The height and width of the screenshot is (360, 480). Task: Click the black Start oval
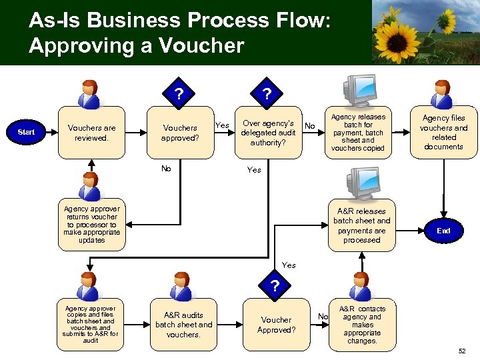(27, 132)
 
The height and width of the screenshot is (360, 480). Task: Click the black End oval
(443, 231)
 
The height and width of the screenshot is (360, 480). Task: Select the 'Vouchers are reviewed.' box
(91, 133)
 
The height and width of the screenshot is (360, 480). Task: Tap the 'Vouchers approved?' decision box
(179, 133)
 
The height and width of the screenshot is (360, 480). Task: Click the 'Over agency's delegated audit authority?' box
(268, 133)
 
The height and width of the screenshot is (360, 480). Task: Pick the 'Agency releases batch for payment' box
(358, 133)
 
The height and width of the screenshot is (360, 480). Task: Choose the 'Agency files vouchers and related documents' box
(443, 133)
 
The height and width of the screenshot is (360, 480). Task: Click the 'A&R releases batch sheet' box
(361, 225)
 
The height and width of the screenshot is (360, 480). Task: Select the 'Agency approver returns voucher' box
(91, 225)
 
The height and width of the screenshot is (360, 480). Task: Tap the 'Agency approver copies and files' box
(91, 325)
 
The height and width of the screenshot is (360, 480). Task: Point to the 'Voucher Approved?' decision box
(276, 325)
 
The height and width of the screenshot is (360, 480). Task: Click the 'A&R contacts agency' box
(362, 325)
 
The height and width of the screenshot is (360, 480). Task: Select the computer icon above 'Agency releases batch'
(359, 89)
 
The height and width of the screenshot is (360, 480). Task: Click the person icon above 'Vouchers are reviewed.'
(89, 94)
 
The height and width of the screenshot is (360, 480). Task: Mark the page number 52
(463, 351)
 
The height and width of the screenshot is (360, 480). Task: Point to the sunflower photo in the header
(425, 32)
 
